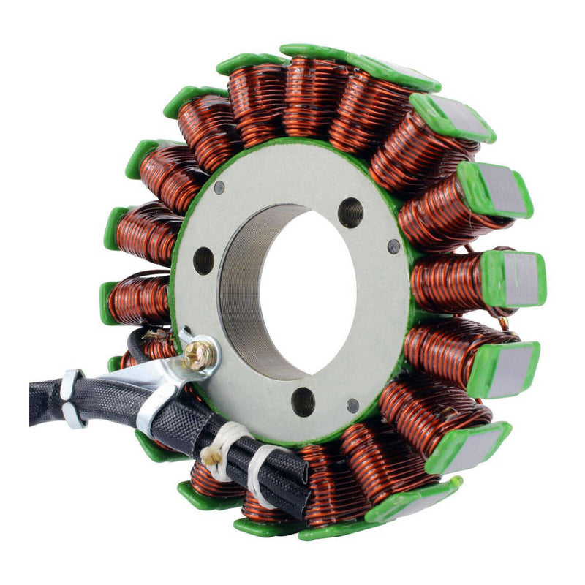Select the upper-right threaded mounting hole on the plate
(x=351, y=212)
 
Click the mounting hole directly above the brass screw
(x=203, y=260)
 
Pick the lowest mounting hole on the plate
(x=303, y=401)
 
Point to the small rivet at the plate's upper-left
(x=219, y=188)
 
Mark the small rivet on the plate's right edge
(x=394, y=246)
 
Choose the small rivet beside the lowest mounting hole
(x=353, y=404)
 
